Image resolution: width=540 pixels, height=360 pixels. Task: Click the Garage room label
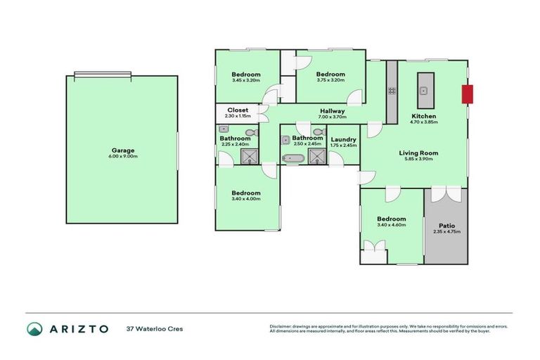pyautogui.click(x=124, y=150)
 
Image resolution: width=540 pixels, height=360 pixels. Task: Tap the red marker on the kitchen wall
pyautogui.click(x=466, y=94)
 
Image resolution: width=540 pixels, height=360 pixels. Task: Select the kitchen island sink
pyautogui.click(x=425, y=90)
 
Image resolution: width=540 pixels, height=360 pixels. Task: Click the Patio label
pyautogui.click(x=446, y=225)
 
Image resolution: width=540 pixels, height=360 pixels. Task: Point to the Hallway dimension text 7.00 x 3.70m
pyautogui.click(x=332, y=117)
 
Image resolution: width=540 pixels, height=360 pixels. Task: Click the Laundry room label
pyautogui.click(x=343, y=139)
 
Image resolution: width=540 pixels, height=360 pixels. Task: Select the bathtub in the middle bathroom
pyautogui.click(x=293, y=158)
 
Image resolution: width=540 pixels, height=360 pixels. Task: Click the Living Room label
pyautogui.click(x=418, y=153)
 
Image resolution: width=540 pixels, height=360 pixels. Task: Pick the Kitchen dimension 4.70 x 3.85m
pyautogui.click(x=424, y=122)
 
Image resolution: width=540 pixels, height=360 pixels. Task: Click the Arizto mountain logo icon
pyautogui.click(x=34, y=328)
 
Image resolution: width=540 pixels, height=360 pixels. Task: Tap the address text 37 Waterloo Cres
pyautogui.click(x=154, y=329)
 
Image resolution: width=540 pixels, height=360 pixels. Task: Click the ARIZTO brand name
pyautogui.click(x=78, y=328)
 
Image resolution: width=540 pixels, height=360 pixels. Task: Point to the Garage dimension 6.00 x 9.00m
pyautogui.click(x=124, y=156)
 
